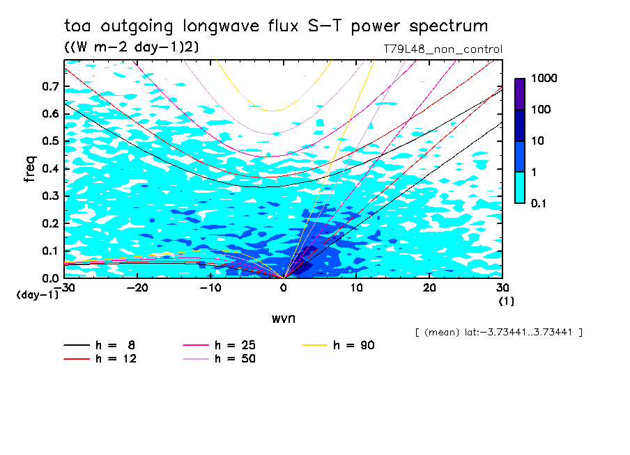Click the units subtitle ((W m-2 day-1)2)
[132, 47]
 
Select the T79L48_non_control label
[443, 49]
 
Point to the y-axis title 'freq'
[30, 168]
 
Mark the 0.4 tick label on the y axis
[50, 169]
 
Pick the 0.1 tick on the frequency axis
[50, 251]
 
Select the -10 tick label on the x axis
[210, 287]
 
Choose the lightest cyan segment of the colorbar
[520, 187]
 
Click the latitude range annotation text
[498, 333]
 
